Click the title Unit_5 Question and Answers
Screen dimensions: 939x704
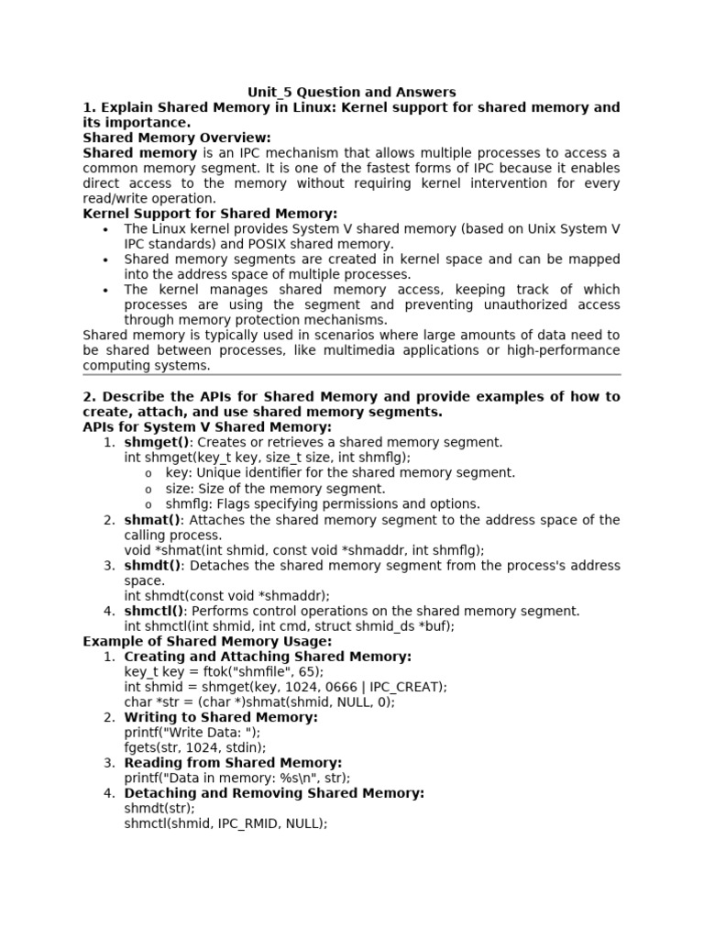(x=352, y=92)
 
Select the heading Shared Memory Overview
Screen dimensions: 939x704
(x=177, y=138)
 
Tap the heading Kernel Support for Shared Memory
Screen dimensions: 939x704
(x=210, y=214)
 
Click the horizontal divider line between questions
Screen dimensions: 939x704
(x=352, y=375)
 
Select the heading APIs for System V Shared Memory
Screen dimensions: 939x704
(x=207, y=427)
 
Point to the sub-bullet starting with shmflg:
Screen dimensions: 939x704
(x=323, y=503)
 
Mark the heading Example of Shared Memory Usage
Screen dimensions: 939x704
(x=207, y=641)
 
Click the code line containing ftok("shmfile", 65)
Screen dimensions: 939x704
(x=224, y=671)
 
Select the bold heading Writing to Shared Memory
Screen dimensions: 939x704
(x=221, y=717)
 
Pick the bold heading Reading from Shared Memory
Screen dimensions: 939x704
(x=233, y=763)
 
